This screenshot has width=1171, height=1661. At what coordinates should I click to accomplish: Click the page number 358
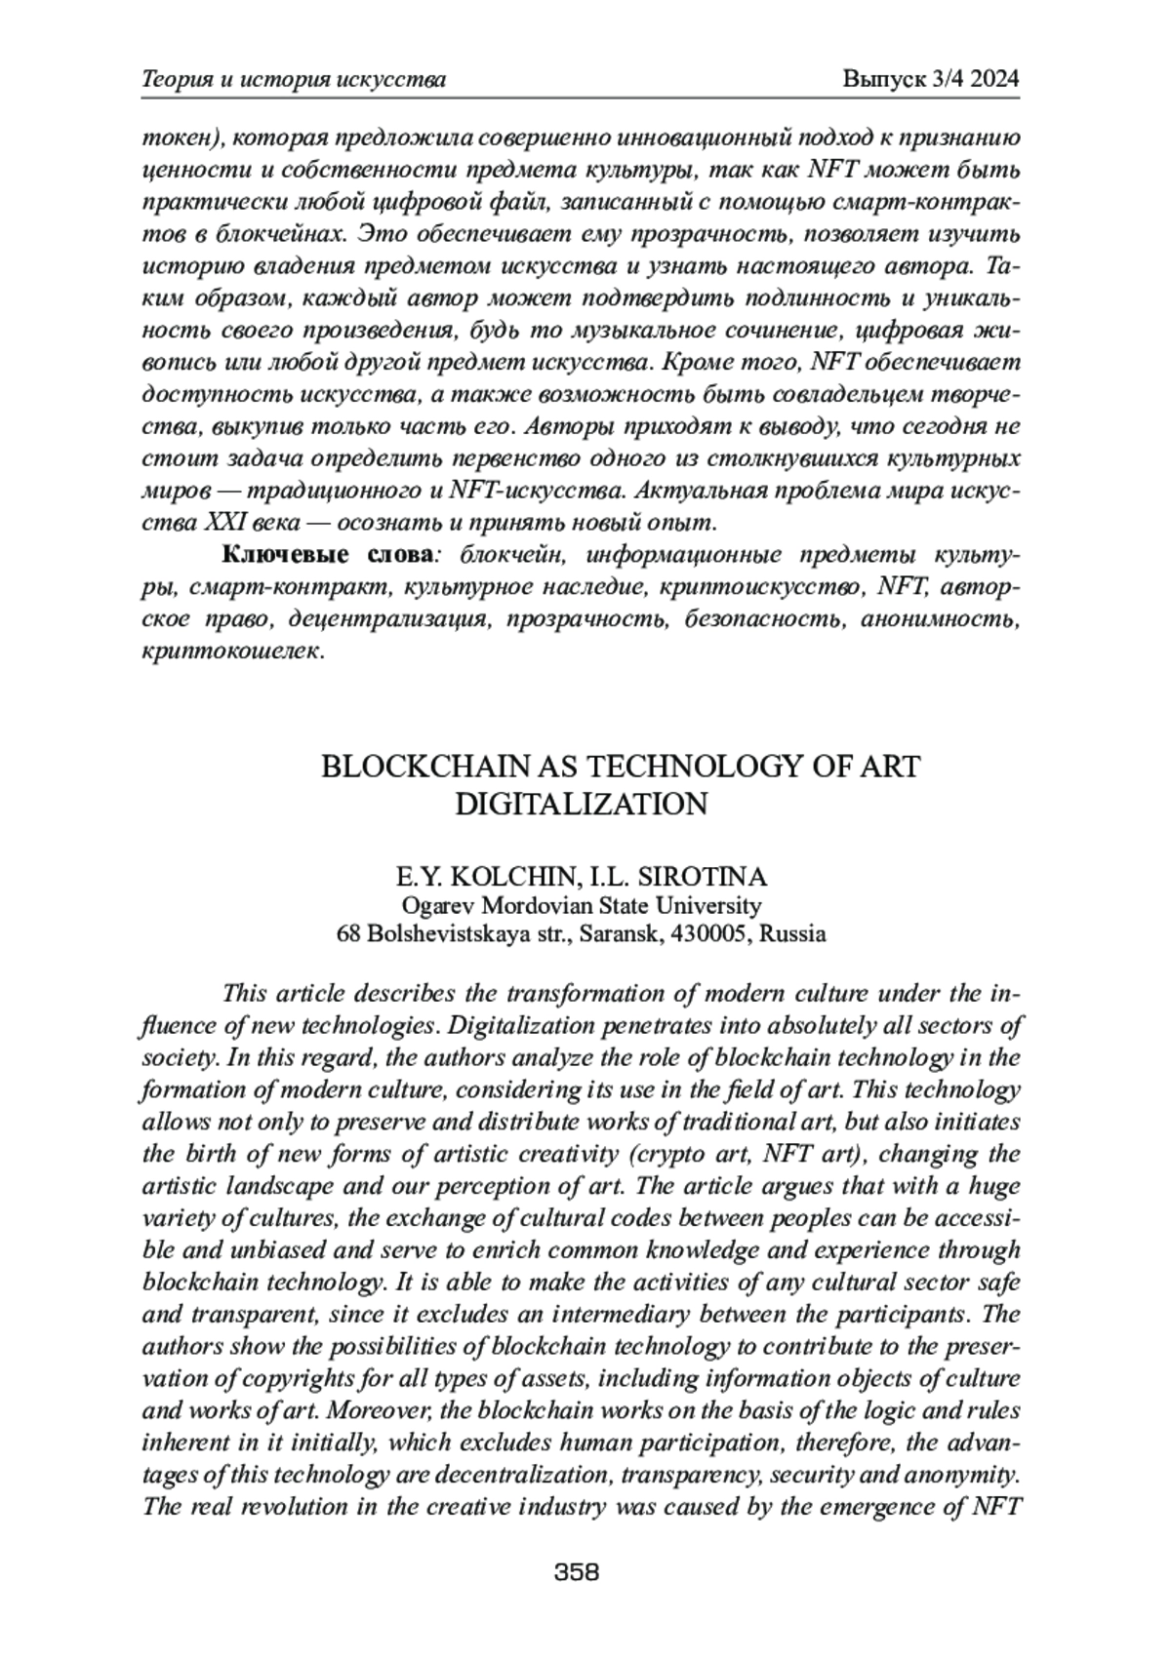pos(576,1571)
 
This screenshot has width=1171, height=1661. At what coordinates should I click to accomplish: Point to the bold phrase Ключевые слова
pos(328,555)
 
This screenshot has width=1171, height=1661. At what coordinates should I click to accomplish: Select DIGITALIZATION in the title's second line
pos(581,805)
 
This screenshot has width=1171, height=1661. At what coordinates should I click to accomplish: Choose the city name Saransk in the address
pos(620,933)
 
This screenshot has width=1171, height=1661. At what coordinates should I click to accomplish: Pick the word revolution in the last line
pos(291,1508)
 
